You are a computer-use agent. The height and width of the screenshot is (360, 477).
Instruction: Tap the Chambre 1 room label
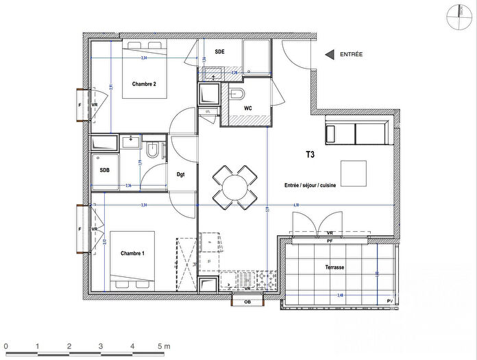click(133, 254)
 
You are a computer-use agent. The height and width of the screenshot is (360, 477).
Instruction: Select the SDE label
click(220, 51)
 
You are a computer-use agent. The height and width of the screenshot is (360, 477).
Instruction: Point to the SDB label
click(105, 170)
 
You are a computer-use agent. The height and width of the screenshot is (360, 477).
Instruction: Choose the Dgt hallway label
click(181, 174)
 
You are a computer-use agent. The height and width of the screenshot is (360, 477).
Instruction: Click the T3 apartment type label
click(310, 156)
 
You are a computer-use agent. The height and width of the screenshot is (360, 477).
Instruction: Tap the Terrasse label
click(334, 267)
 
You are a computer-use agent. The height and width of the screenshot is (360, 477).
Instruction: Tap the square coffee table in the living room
click(355, 173)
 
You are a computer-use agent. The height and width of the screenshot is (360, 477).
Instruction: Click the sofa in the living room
click(356, 132)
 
